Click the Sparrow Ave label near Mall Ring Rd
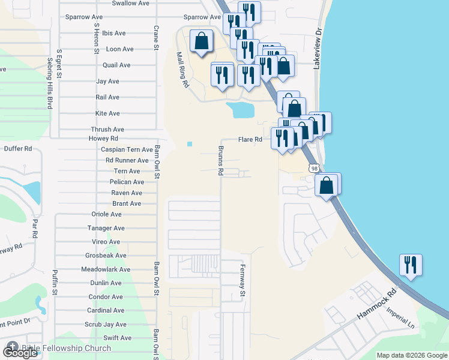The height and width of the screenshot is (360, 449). click(202, 17)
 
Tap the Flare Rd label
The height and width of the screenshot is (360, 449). click(250, 139)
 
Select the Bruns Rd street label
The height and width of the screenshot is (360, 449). click(221, 161)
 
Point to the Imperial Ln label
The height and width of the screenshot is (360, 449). click(402, 318)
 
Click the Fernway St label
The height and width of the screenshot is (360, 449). click(244, 281)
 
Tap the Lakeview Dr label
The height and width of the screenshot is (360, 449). click(319, 48)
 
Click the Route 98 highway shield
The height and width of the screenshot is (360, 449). click(314, 169)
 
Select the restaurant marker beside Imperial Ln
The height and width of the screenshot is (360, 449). click(411, 264)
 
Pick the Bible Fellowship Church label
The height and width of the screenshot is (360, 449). click(67, 348)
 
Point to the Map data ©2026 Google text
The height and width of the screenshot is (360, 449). click(412, 355)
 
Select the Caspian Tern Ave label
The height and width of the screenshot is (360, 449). click(127, 149)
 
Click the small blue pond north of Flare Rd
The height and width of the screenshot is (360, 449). click(240, 110)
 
